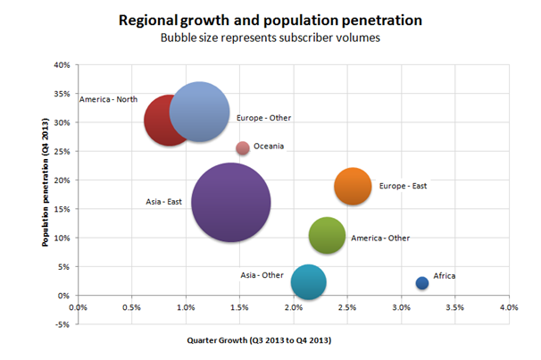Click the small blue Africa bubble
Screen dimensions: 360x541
422,283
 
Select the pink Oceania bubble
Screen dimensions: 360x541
242,148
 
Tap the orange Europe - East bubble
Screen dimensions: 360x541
353,187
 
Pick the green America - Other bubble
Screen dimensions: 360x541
327,236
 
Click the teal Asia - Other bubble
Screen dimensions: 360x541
308,282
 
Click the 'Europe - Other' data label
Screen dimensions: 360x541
263,118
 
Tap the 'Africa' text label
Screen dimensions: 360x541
445,276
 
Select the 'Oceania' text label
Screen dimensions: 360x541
269,147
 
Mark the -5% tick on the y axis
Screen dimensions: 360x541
62,324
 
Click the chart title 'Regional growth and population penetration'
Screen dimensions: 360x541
269,19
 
